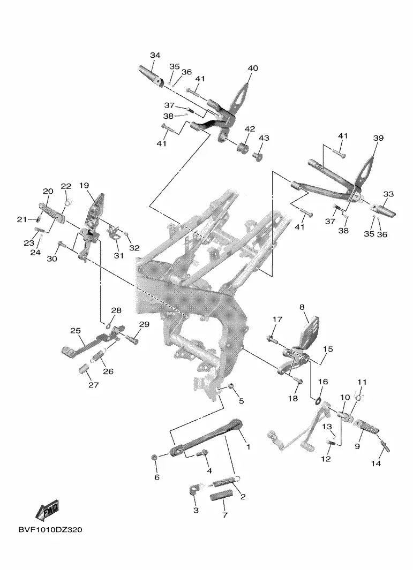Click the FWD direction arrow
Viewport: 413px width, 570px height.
point(47,510)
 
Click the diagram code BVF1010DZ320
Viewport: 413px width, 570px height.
point(50,530)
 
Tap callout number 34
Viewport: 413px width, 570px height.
point(155,55)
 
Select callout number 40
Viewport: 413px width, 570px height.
point(252,69)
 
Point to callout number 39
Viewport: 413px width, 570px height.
point(378,138)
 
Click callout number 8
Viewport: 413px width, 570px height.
point(302,307)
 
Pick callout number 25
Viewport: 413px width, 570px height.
point(76,331)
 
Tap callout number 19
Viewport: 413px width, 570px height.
point(84,186)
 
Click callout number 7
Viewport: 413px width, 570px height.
point(225,515)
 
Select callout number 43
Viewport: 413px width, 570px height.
point(264,138)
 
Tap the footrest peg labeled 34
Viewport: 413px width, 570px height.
point(152,76)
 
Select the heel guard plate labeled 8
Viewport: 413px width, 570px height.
point(309,331)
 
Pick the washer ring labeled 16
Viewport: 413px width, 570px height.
point(317,402)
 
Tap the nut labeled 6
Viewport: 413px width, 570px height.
point(154,457)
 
